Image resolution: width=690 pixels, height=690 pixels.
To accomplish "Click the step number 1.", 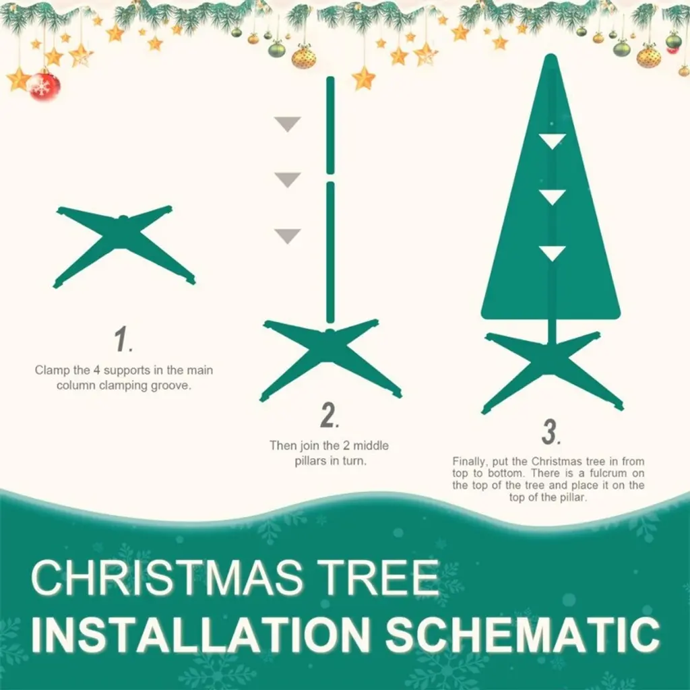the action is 123,339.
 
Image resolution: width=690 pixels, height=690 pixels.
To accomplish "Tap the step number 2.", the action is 330,415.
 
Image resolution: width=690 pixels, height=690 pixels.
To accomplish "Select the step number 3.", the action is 551,432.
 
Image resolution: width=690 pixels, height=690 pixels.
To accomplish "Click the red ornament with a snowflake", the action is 44,86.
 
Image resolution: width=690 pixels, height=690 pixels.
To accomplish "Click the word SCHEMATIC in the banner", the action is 523,634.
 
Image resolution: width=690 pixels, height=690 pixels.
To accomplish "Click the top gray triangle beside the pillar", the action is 287,124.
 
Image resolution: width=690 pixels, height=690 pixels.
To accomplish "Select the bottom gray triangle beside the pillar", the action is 287,236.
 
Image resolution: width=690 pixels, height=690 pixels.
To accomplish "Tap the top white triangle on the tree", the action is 553,142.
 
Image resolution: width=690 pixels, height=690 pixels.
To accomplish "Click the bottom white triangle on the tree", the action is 553,253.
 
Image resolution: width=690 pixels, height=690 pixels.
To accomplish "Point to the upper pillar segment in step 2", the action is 330,125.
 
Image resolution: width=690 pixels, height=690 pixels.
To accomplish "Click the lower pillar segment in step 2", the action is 330,253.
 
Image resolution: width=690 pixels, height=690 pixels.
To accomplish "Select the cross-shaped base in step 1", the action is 124,245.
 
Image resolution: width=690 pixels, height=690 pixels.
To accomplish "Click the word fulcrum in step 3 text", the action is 608,474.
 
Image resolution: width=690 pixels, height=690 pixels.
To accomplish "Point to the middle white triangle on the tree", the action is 553,197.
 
